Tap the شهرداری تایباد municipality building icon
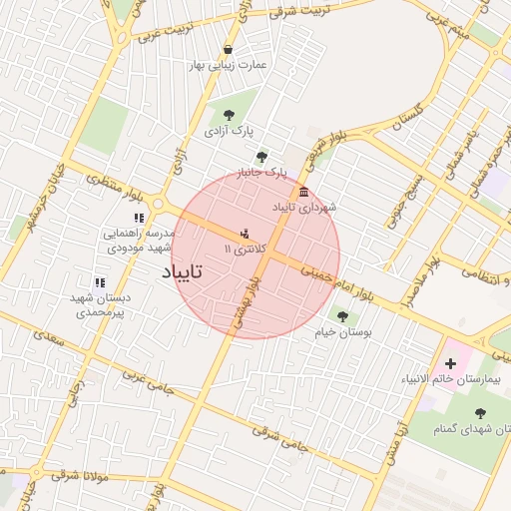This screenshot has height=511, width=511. pyautogui.click(x=303, y=192)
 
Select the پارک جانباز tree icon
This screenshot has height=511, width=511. pyautogui.click(x=261, y=157)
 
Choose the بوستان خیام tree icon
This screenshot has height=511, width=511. pyautogui.click(x=342, y=316)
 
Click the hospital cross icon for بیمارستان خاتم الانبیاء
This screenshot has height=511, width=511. pyautogui.click(x=450, y=364)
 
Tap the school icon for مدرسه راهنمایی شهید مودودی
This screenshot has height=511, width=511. pyautogui.click(x=139, y=218)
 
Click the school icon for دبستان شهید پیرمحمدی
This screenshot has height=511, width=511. pyautogui.click(x=100, y=283)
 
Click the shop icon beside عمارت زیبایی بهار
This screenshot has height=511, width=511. pyautogui.click(x=229, y=49)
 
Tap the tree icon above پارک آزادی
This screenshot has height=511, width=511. pyautogui.click(x=230, y=115)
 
